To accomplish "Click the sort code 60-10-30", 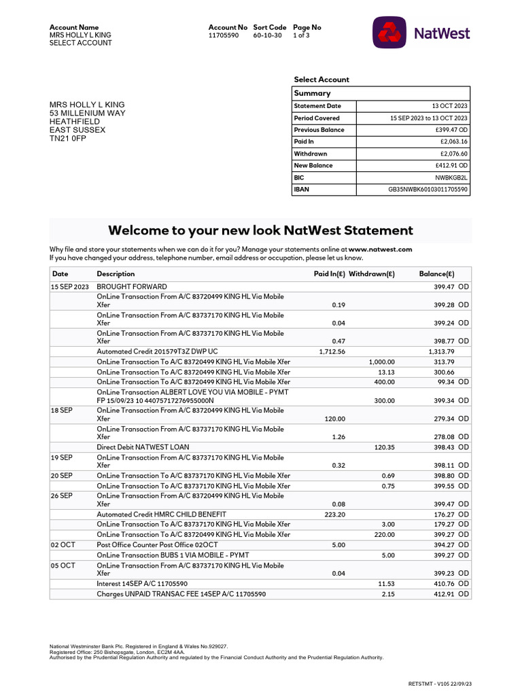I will coord(267,35).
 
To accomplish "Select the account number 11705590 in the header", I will coord(224,35).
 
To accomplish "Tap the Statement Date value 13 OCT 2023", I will coord(449,106).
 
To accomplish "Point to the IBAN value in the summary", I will coord(428,190).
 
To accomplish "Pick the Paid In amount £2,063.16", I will coord(454,141).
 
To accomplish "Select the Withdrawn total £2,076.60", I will coord(454,154).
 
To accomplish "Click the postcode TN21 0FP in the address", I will coord(68,138).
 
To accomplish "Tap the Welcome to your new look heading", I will coord(260,230).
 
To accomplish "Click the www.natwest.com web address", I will coord(381,249).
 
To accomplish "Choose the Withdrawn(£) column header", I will coord(371,274).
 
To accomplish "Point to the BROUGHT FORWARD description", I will coord(132,287).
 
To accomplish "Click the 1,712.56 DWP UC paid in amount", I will coord(332,351).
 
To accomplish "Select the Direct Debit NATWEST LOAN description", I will coord(143,447).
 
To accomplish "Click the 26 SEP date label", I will coord(62,496).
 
